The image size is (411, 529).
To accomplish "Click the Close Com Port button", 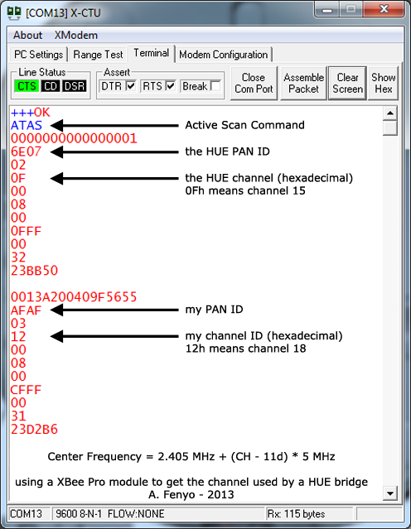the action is point(254,83).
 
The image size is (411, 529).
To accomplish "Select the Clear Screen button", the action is point(347,83).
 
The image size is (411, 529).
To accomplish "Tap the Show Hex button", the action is point(384,83).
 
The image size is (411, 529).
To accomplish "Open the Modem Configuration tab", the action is point(224,55).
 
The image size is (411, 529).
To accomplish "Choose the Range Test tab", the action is point(98,55).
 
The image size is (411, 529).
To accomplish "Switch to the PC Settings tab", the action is point(38,55).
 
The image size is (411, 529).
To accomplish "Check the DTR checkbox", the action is point(131,86).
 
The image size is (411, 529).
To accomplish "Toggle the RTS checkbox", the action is point(171,86).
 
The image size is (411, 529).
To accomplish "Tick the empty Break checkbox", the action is point(215,86).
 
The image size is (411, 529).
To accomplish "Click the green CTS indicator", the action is point(27,86).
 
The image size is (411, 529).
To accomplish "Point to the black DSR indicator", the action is point(75,86).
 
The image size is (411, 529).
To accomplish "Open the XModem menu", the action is point(76,35).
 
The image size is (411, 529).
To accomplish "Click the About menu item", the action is point(27,35).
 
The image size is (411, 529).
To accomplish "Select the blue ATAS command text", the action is point(27,126).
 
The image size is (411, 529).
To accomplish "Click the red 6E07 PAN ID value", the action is point(26,151).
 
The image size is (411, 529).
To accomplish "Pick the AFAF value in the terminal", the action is point(26,310).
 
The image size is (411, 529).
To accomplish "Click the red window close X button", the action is point(384,9).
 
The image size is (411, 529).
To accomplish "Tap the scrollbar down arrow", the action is point(390,494).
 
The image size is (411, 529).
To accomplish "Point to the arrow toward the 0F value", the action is point(114,179).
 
